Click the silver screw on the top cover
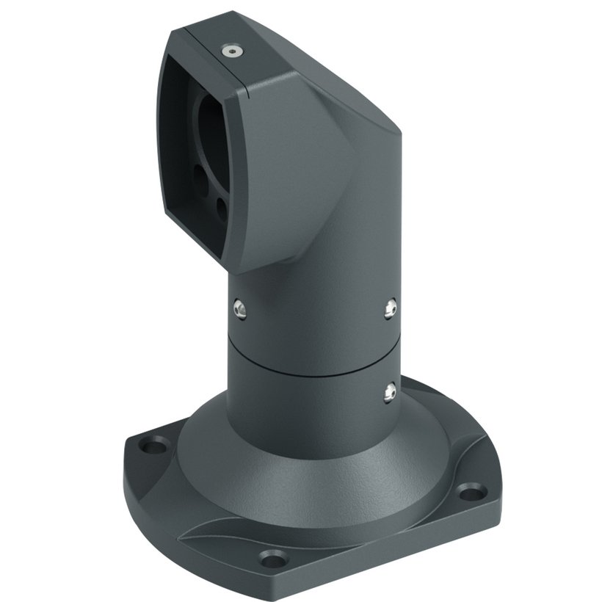(232, 51)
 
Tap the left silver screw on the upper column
(238, 308)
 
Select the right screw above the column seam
(390, 309)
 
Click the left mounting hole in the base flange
(156, 445)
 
